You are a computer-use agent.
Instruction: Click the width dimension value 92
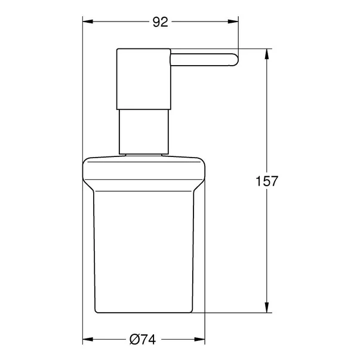(x=160, y=23)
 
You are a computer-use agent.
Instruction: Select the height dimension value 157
(x=266, y=181)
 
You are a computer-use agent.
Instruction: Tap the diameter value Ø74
(x=142, y=339)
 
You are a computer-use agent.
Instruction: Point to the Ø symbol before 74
(x=134, y=339)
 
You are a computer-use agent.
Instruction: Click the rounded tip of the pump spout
(x=235, y=59)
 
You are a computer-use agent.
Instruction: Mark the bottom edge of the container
(x=143, y=312)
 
